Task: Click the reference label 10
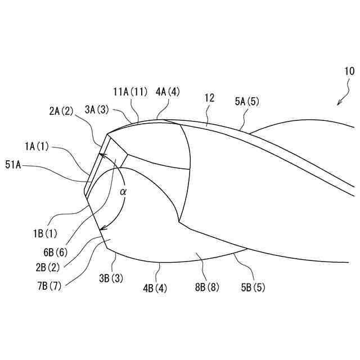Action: pos(349,71)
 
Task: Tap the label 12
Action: pos(209,98)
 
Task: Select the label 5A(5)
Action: pos(247,102)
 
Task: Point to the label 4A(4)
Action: pos(168,92)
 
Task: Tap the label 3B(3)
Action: pos(111,278)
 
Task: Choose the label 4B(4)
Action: pos(155,289)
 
